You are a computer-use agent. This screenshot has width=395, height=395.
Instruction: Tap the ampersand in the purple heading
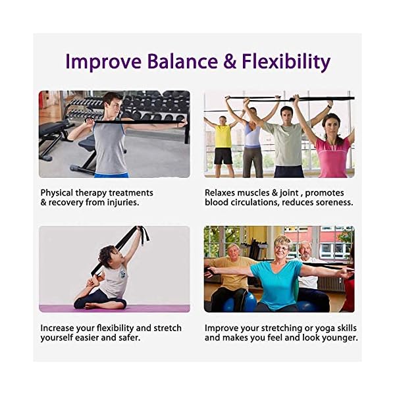click(230, 61)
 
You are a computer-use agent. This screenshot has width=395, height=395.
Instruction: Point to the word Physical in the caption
click(58, 193)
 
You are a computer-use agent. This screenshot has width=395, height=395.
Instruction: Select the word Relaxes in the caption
click(222, 193)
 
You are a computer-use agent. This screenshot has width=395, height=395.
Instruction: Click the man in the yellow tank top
click(223, 142)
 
